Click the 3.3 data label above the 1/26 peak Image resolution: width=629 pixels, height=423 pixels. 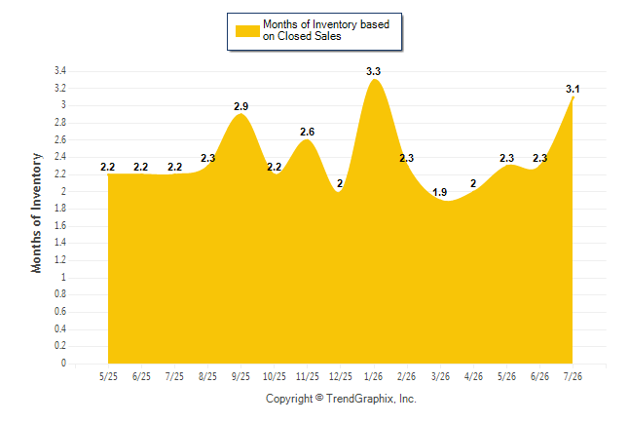373,71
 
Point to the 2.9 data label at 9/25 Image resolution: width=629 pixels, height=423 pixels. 241,106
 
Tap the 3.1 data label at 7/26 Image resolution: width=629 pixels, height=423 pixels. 573,89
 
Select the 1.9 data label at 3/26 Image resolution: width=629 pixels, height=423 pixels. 440,192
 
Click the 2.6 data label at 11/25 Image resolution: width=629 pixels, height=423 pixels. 308,132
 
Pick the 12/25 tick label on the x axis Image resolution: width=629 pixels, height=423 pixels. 340,376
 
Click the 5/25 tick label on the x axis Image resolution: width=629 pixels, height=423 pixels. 108,376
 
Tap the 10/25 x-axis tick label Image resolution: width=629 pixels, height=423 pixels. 275,376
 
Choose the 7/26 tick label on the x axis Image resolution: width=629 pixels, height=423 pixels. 573,376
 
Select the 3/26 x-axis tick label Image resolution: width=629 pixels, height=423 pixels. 440,376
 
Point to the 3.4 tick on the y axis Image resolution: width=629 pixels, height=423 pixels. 60,71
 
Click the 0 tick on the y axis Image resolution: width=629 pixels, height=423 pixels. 63,364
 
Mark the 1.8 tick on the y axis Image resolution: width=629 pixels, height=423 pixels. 60,209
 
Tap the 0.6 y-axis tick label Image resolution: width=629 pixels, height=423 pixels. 60,312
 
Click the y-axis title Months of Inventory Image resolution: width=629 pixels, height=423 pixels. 36,212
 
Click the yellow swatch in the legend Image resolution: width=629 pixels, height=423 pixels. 247,31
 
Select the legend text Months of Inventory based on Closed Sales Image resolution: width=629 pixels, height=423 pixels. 326,30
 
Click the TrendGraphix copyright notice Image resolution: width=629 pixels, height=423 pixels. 341,399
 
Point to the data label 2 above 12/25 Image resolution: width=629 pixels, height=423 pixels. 340,183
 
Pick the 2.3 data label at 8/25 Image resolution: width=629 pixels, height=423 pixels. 207,158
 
